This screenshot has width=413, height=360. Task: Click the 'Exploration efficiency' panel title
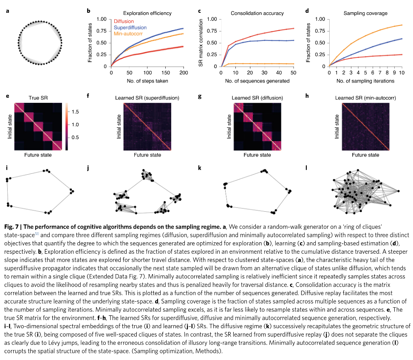click(147, 13)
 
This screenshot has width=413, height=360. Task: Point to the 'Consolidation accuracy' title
click(257, 13)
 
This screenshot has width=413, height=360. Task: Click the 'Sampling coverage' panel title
click(365, 13)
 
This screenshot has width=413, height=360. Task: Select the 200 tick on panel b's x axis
click(183, 73)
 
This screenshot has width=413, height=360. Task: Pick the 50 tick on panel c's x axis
click(294, 73)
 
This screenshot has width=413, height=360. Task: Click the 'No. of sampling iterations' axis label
click(365, 80)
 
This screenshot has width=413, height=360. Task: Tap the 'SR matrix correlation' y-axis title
click(201, 43)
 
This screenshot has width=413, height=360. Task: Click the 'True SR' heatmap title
click(38, 97)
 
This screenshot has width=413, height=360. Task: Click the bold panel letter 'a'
click(7, 10)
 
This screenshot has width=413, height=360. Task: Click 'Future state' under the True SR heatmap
click(38, 155)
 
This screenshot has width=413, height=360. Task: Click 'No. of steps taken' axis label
click(147, 80)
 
